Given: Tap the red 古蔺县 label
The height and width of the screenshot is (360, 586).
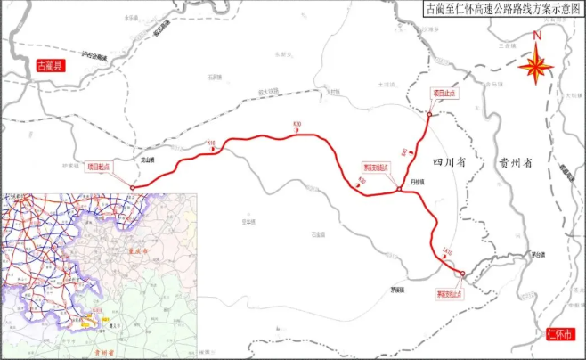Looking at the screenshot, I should (x=45, y=66).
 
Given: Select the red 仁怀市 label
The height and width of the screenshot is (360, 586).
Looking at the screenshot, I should (x=558, y=334).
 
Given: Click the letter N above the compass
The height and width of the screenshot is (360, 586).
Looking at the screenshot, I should (x=536, y=37).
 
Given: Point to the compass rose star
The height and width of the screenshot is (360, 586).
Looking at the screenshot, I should (x=536, y=66).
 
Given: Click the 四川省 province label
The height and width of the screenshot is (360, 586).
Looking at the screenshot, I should (x=443, y=162).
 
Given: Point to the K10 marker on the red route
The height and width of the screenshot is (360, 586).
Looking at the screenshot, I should (x=211, y=142).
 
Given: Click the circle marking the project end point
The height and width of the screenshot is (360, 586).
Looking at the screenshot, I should (x=428, y=115).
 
